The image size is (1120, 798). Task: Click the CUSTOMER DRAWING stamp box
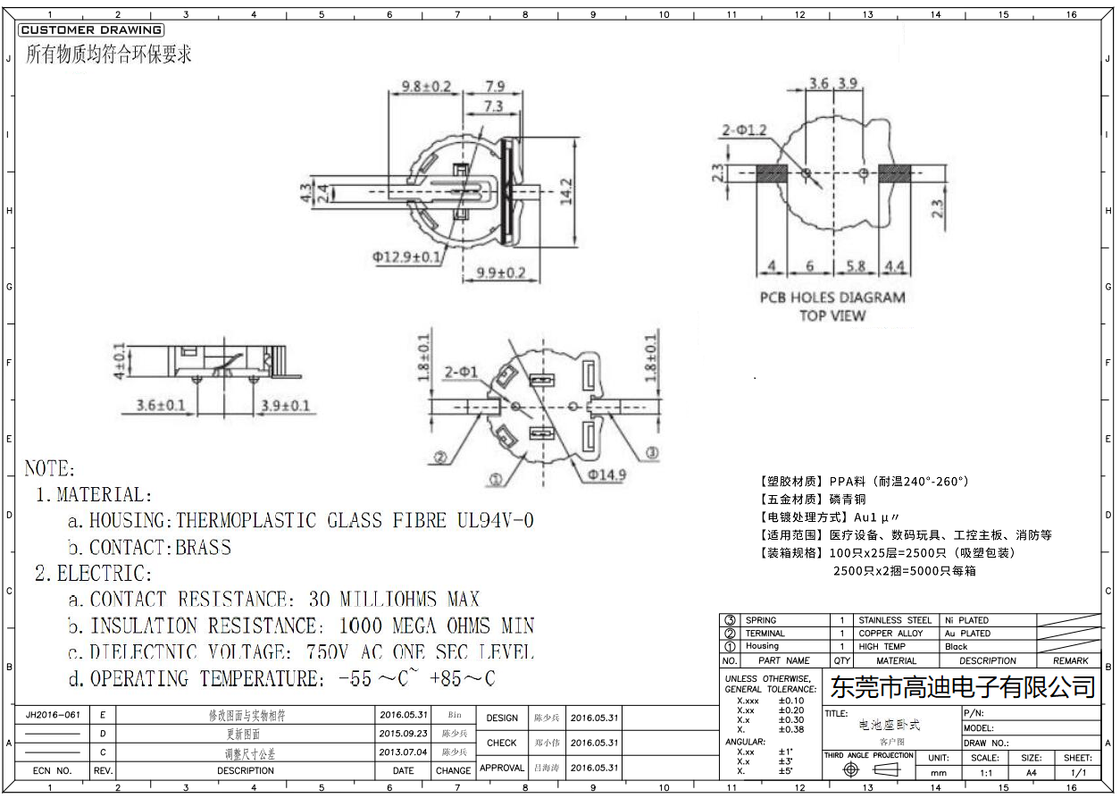coord(90,30)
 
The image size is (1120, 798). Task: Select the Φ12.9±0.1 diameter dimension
coord(406,257)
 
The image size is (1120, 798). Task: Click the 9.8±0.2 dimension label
coord(426,87)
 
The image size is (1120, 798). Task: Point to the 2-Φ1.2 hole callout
coord(744,130)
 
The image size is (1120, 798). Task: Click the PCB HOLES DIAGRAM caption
coord(832,298)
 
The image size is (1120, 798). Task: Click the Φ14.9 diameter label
coord(606,475)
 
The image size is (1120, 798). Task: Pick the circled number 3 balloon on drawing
coord(652,453)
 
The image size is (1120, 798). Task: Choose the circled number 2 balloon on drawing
coord(439,458)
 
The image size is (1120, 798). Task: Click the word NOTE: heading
coord(50,468)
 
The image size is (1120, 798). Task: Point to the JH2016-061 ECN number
coord(53,715)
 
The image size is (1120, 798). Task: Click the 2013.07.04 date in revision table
coord(404,752)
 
